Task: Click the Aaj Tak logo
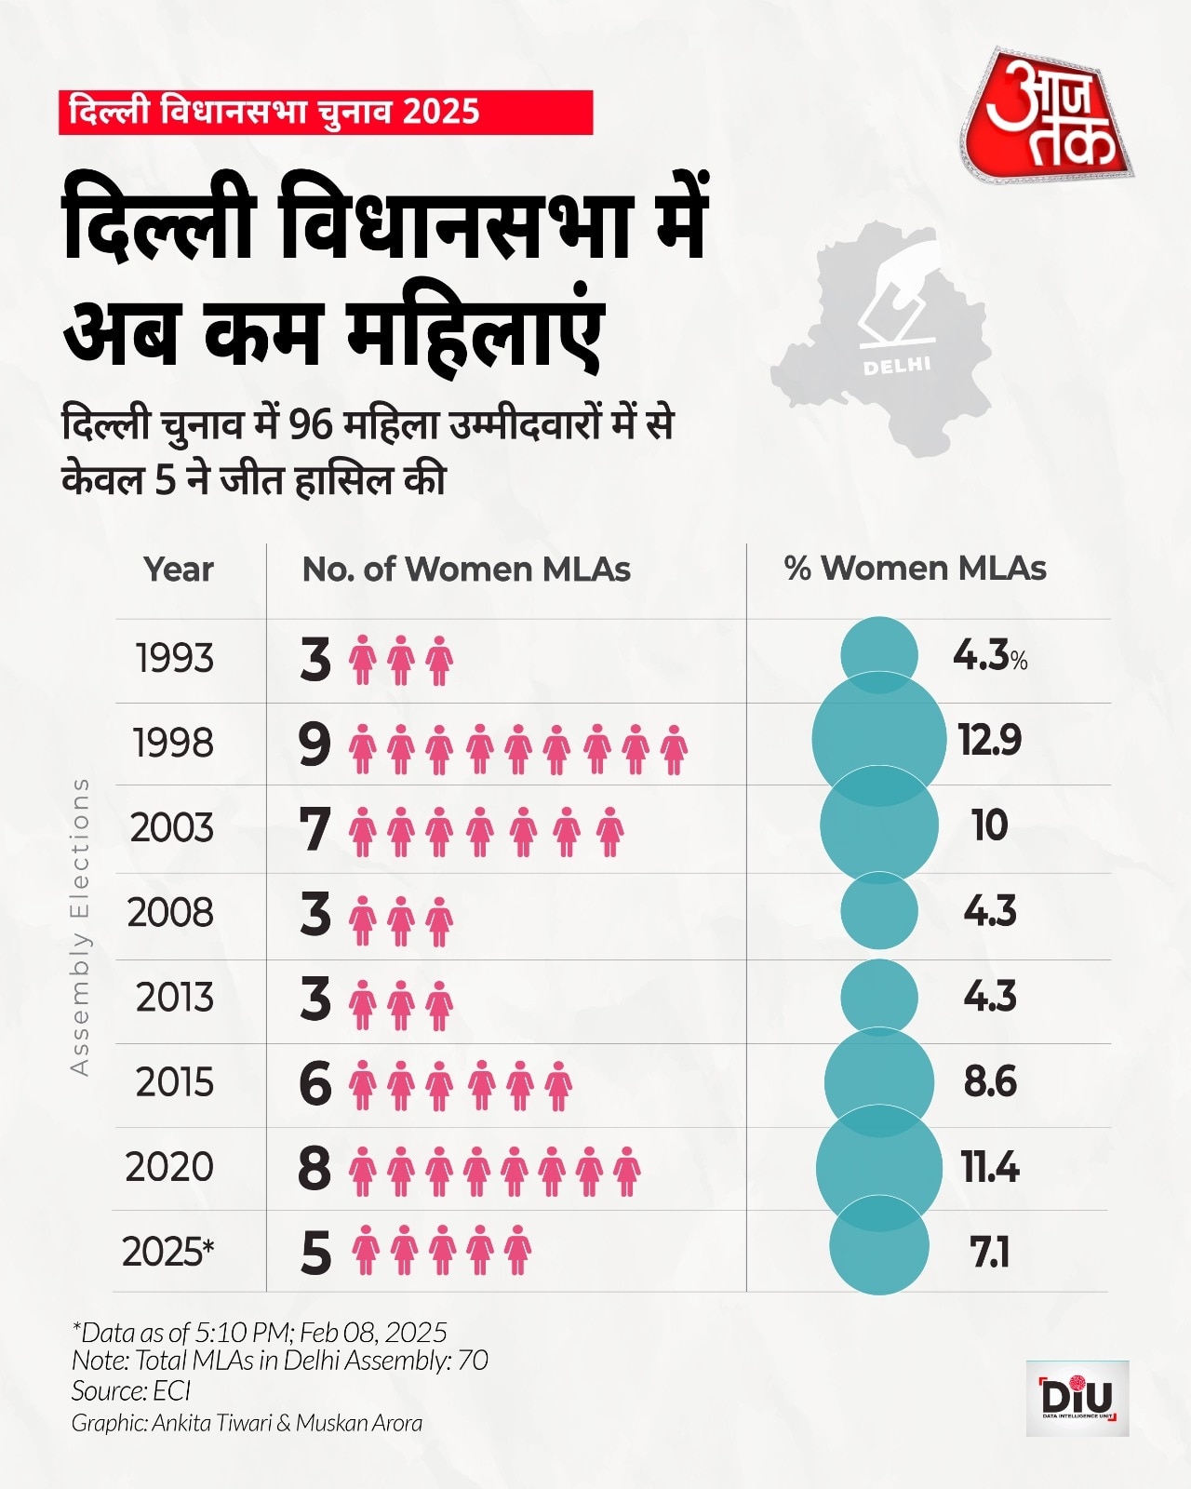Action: pyautogui.click(x=1048, y=115)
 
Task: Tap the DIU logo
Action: pyautogui.click(x=1077, y=1398)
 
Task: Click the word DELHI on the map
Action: pyautogui.click(x=897, y=365)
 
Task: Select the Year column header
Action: pyautogui.click(x=179, y=569)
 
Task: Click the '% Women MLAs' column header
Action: pyautogui.click(x=915, y=568)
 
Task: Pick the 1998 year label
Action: pyautogui.click(x=173, y=744)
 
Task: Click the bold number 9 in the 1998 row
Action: pyautogui.click(x=314, y=744)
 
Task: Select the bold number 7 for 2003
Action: pyautogui.click(x=315, y=829)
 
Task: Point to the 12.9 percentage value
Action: pyautogui.click(x=990, y=740)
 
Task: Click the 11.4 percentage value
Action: pyautogui.click(x=990, y=1167)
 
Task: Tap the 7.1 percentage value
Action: pyautogui.click(x=990, y=1253)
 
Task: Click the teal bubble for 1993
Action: pyautogui.click(x=878, y=655)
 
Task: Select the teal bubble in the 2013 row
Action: pyautogui.click(x=878, y=998)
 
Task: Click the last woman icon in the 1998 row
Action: pyautogui.click(x=674, y=750)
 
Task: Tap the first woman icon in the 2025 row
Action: pyautogui.click(x=366, y=1250)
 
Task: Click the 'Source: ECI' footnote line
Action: pyautogui.click(x=131, y=1391)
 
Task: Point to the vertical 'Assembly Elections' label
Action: pyautogui.click(x=80, y=927)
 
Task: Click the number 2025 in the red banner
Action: pyautogui.click(x=442, y=112)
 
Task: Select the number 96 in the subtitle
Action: pyautogui.click(x=310, y=424)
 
